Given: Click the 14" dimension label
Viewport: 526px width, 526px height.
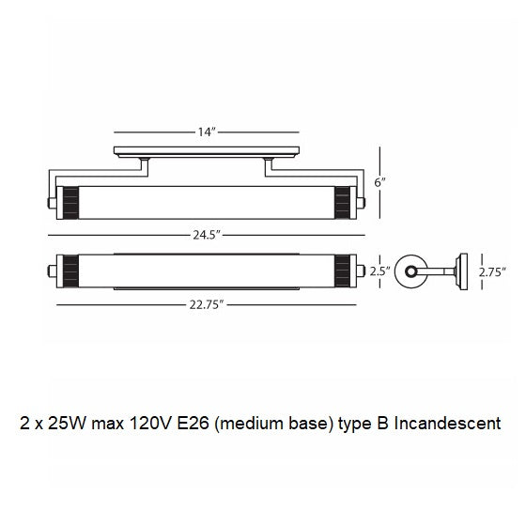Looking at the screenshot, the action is (x=206, y=132).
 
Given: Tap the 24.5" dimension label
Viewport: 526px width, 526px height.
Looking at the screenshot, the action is (x=207, y=235).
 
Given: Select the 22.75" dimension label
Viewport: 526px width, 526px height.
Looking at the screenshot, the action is (x=207, y=305).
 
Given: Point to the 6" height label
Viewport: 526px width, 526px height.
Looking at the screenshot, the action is (x=379, y=183).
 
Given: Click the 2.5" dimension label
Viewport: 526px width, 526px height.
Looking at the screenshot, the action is (x=380, y=271).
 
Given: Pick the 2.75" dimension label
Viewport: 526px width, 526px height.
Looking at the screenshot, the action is (x=492, y=272).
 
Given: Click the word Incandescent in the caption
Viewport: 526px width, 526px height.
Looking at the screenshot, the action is (x=447, y=424).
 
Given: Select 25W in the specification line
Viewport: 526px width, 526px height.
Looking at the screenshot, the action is (x=68, y=424).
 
